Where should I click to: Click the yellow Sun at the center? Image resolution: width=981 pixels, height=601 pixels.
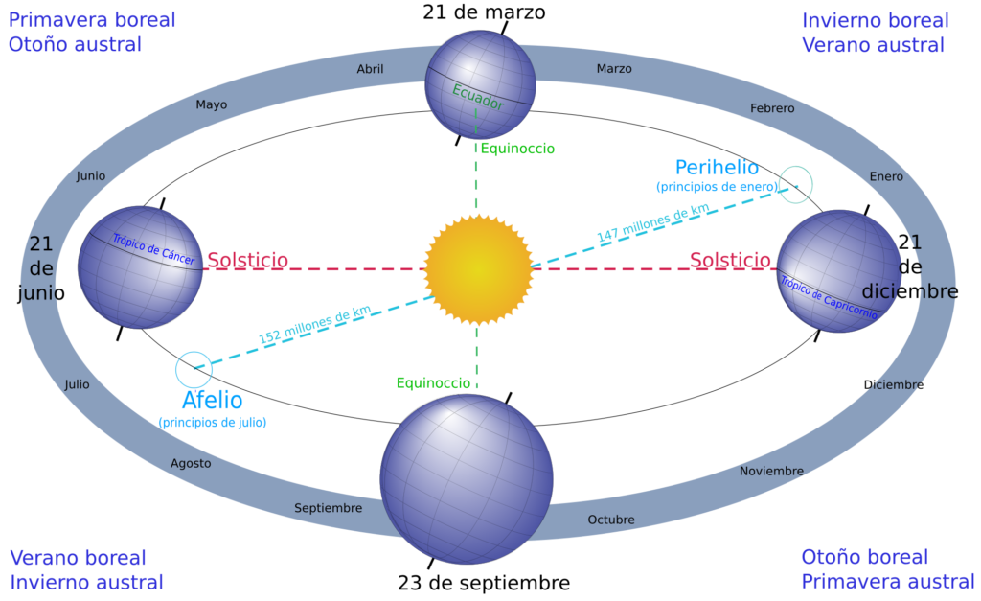(479, 269)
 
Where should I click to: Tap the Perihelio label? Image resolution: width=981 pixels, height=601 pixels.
(717, 168)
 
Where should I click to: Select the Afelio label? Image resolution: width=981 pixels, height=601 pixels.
(212, 400)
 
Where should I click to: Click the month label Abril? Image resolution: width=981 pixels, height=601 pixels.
(371, 69)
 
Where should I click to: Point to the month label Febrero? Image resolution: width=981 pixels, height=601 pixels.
(772, 108)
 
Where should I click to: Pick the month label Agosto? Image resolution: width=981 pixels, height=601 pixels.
(191, 464)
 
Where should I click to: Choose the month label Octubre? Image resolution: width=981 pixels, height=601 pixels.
(611, 520)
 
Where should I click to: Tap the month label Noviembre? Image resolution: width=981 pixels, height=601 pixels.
(771, 471)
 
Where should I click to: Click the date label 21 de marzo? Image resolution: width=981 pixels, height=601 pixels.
(484, 12)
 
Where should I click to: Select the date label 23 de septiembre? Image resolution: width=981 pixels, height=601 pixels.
(484, 583)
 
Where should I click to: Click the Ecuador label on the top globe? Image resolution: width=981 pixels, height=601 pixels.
(478, 97)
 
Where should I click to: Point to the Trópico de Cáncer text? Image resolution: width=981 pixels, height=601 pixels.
(153, 249)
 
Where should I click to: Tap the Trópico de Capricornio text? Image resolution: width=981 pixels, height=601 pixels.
(829, 298)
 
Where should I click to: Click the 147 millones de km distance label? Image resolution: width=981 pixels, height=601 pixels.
(652, 223)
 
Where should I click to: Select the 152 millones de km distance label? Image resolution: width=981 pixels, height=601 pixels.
(314, 324)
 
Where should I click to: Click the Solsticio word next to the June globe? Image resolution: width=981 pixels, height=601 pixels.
(248, 260)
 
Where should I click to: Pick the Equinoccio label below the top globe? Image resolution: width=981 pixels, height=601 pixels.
(517, 149)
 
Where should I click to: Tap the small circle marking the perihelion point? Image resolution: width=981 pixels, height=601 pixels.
(796, 184)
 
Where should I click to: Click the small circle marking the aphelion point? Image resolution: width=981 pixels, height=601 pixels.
(194, 370)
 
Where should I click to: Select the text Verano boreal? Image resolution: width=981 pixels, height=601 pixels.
(79, 558)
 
